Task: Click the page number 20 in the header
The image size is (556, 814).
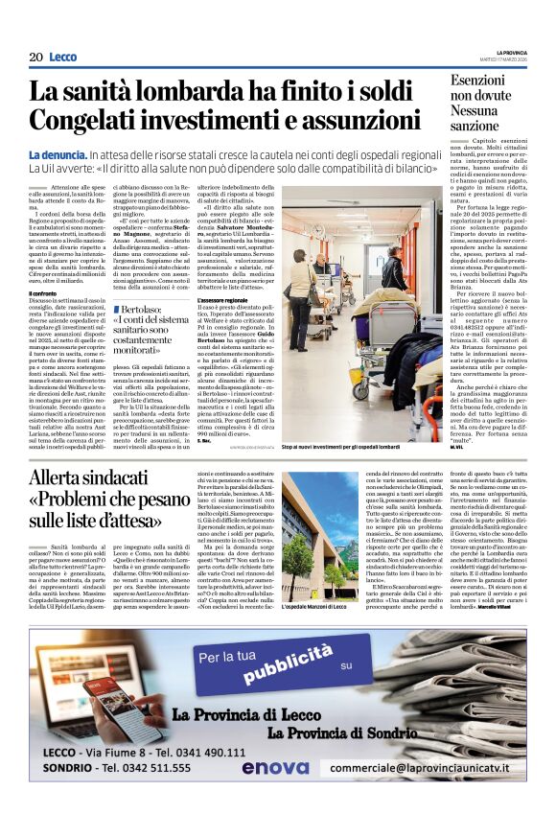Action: (x=35, y=57)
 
